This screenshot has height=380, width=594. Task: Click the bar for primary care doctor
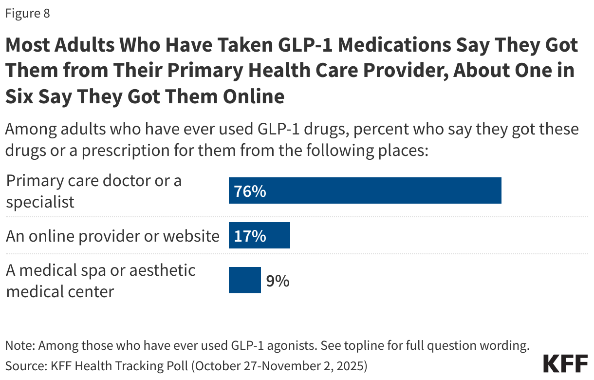click(365, 190)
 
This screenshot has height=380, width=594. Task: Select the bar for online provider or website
click(260, 236)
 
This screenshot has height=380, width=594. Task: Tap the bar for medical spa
click(245, 281)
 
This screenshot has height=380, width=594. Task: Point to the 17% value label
click(250, 236)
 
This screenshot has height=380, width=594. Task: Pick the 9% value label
click(278, 281)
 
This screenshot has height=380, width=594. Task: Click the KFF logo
click(565, 364)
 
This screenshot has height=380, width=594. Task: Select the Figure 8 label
click(27, 14)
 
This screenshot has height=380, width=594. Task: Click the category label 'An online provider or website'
click(112, 236)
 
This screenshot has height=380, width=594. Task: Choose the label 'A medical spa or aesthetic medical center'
click(100, 281)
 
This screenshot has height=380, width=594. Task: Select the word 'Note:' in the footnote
click(20, 346)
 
